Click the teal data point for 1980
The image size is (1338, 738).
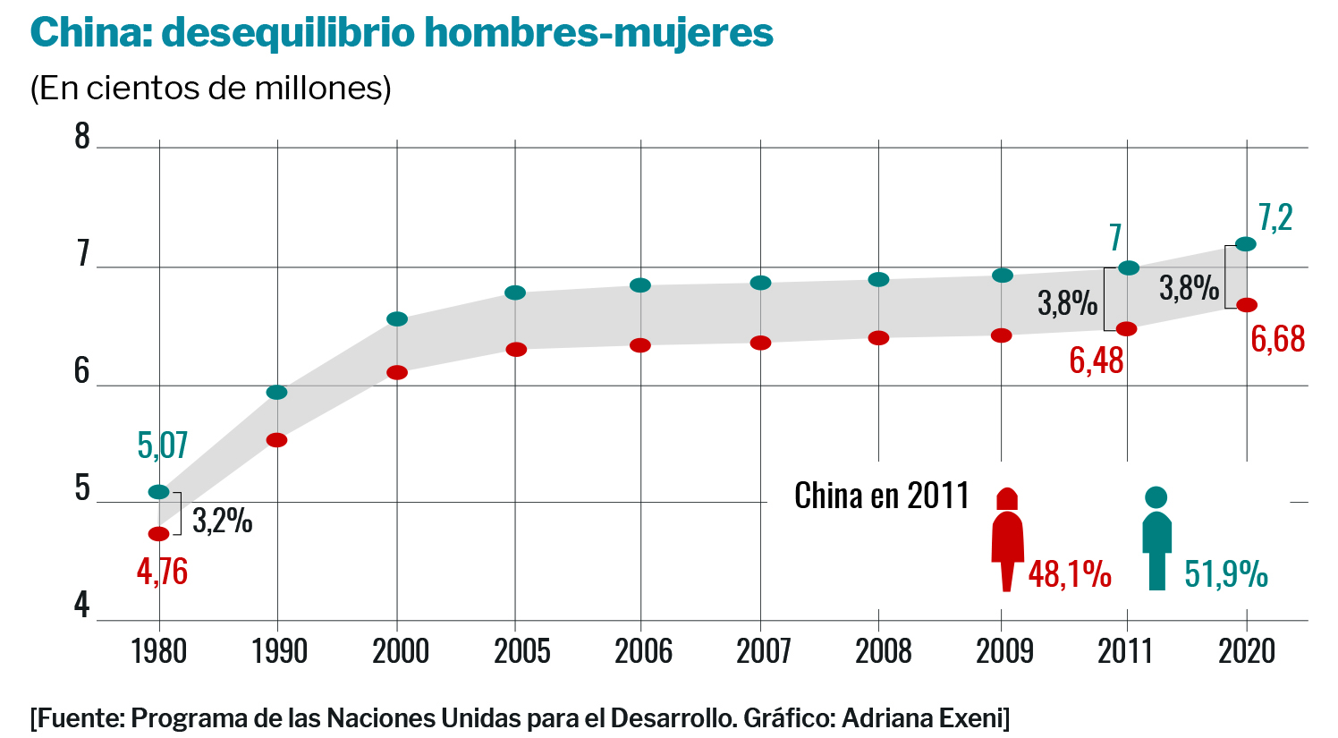pos(158,492)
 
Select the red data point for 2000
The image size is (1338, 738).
pos(397,372)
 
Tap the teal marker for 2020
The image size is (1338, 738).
pos(1246,244)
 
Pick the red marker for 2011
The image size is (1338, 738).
pos(1127,328)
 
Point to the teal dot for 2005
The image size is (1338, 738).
pos(515,293)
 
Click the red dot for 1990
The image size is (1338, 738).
pos(277,440)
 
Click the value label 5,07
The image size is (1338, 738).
pos(163,445)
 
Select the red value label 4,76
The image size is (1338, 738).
pos(163,572)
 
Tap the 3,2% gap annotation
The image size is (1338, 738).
pos(223,521)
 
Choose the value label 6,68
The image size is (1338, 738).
pos(1277,340)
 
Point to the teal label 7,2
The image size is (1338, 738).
pos(1275,218)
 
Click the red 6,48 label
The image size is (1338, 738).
pos(1097,361)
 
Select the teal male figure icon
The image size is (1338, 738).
pos(1156,539)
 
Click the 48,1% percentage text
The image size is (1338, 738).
pos(1070,574)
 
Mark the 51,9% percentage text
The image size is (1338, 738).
pos(1226,574)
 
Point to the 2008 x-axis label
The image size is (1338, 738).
pos(883,651)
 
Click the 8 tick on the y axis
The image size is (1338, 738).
pos(82,137)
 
